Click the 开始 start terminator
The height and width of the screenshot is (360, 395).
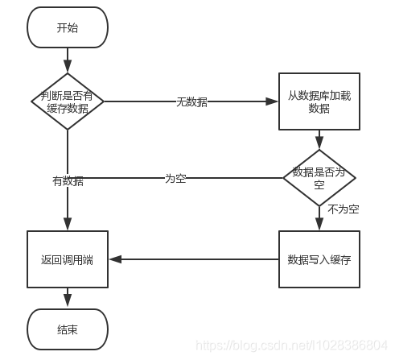tap(68, 27)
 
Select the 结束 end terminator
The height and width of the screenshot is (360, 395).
tap(68, 329)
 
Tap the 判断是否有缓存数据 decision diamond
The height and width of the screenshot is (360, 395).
tap(68, 101)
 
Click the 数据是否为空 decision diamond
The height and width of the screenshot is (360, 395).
tap(319, 178)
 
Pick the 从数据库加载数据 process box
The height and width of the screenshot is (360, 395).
tap(319, 101)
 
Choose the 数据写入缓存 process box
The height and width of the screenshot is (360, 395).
tap(319, 259)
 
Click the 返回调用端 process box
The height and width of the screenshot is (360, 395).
tap(68, 259)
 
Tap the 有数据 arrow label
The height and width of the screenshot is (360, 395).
tap(68, 181)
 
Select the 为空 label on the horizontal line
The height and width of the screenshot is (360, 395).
tap(175, 178)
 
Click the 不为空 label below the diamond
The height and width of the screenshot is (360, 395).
tap(343, 209)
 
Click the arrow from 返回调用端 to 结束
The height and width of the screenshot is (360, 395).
tap(68, 298)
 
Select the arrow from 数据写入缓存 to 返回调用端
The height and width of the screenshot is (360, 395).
tap(193, 259)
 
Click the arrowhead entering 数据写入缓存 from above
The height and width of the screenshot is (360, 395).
tap(319, 226)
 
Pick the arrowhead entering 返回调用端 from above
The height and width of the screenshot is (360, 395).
tap(68, 226)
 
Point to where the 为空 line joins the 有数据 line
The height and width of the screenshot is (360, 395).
tap(68, 178)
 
